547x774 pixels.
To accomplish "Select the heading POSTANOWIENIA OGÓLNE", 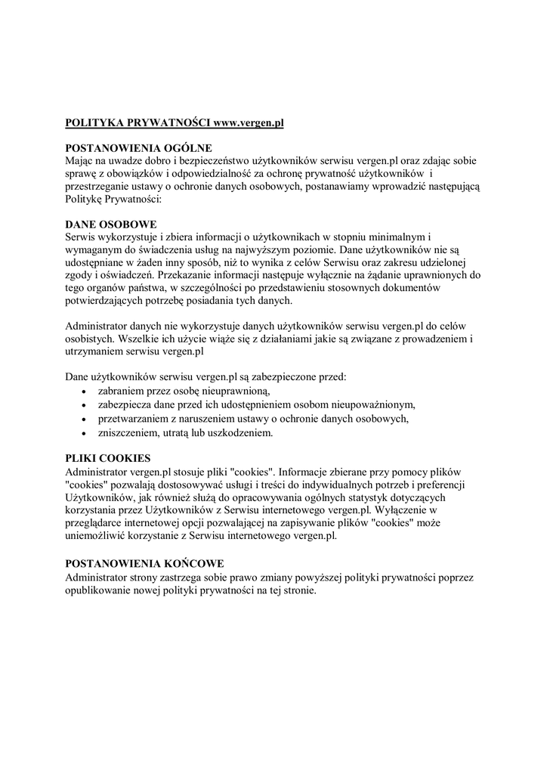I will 138,147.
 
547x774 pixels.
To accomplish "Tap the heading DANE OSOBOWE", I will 111,224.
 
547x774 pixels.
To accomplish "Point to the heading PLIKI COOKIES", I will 108,458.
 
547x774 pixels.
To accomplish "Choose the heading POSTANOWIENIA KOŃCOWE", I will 145,564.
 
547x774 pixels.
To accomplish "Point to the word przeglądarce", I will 100,523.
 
